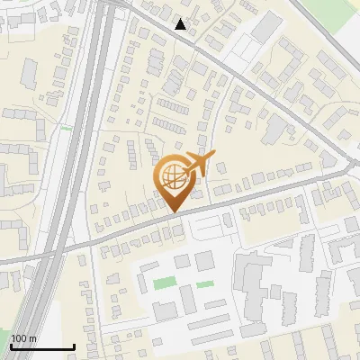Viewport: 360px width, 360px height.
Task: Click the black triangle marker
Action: [181, 24]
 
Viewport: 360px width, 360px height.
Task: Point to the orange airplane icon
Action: [200, 164]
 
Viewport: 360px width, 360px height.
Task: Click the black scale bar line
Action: [42, 346]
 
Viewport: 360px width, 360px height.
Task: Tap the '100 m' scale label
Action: [23, 338]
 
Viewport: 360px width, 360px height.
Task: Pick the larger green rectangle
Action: [164, 283]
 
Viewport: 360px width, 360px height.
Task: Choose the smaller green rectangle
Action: [205, 284]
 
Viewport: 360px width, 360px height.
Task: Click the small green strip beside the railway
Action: [65, 128]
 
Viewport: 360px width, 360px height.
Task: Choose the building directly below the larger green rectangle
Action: [165, 310]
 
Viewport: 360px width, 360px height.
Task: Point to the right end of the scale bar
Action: [74, 346]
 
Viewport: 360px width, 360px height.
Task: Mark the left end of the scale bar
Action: [11, 346]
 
